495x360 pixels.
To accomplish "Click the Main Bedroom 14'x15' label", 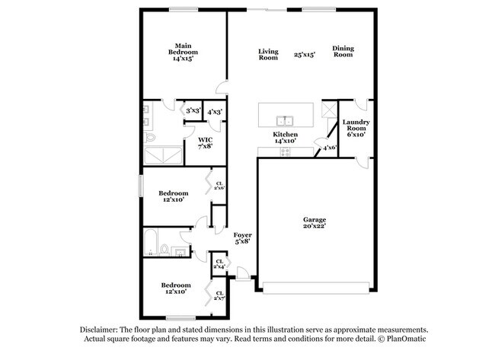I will click(x=183, y=52).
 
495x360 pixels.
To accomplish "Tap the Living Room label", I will click(x=268, y=54).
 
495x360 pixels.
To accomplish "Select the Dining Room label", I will click(x=343, y=52).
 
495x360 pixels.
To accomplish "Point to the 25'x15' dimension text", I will click(x=305, y=54).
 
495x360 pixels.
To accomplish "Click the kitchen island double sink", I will click(x=285, y=119).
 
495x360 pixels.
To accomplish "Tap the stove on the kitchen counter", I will click(x=286, y=151).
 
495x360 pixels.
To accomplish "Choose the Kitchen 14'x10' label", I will click(x=286, y=138).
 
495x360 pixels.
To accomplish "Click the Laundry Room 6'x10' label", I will click(x=356, y=128).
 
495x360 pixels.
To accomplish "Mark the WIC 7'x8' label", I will click(x=205, y=142).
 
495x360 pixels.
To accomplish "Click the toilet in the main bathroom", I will click(x=151, y=138).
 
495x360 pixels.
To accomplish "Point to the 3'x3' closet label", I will click(x=193, y=111).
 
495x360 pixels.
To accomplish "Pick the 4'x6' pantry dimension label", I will click(x=329, y=148).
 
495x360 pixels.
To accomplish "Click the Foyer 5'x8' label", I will click(x=242, y=238).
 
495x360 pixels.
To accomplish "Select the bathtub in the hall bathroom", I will click(x=151, y=243).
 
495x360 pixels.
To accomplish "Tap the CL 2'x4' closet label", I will click(x=219, y=264).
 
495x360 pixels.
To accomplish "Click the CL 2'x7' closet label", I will click(x=219, y=295).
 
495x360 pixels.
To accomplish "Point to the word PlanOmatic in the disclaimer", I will click(x=404, y=339).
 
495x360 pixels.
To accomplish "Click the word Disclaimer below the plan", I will click(x=102, y=330).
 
